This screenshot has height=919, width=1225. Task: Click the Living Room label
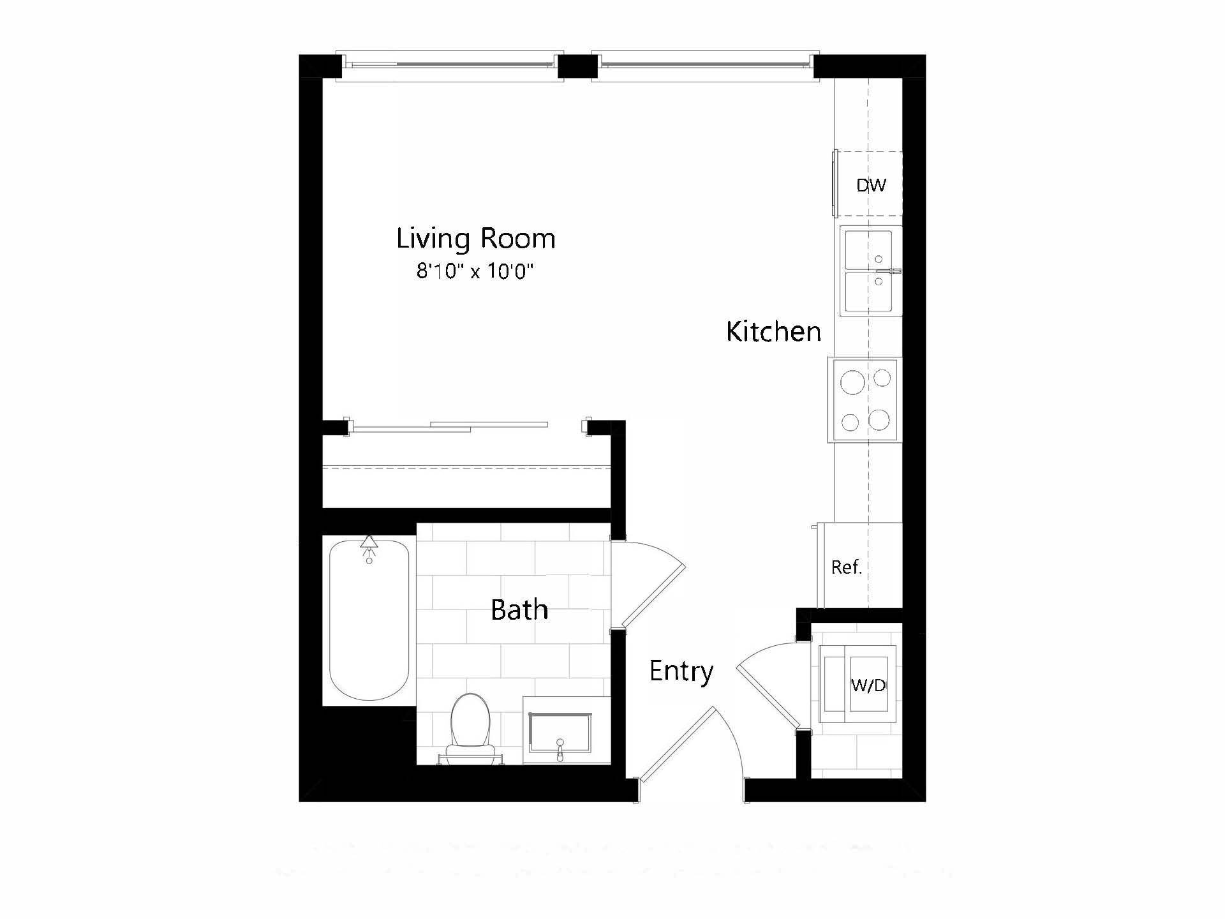coord(475,239)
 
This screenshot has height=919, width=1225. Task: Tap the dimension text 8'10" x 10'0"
coord(475,272)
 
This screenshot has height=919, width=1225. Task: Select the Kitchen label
coord(773,332)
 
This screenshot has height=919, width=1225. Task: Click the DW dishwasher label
coord(871,186)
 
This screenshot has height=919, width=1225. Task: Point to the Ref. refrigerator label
coord(847,567)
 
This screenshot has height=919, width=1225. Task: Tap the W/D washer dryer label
coord(868,685)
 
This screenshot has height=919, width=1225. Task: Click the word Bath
coord(519,610)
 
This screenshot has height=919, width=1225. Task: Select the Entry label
coord(681,671)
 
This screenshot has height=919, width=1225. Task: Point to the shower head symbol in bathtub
coord(368,544)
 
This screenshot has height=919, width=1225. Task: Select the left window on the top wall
coord(450,65)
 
